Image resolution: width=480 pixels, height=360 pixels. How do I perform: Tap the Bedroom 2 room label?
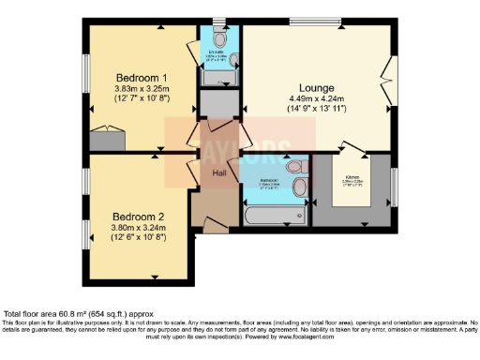pyautogui.click(x=126, y=200)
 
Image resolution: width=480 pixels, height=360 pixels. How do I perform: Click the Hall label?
pyautogui.click(x=218, y=173)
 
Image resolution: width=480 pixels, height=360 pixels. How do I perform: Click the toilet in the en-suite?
pyautogui.click(x=218, y=40)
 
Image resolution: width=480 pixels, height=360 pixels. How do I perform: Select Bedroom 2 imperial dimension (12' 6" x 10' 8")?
pyautogui.click(x=126, y=226)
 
